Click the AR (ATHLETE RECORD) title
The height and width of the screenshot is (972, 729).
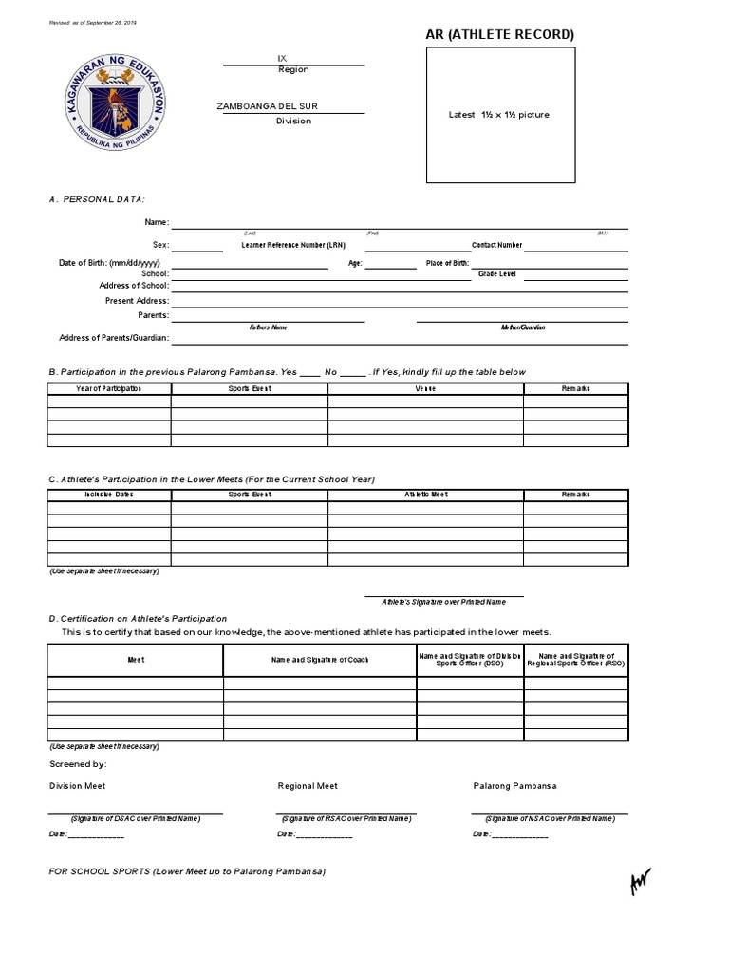point(500,35)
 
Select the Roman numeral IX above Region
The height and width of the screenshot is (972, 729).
point(281,58)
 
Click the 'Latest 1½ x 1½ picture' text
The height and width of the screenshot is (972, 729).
point(498,115)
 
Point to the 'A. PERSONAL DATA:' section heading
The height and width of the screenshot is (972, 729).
point(97,199)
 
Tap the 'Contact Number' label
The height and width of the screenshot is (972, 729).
point(496,245)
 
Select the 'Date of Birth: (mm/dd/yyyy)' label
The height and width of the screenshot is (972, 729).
point(109,263)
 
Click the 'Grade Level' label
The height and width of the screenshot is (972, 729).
point(496,273)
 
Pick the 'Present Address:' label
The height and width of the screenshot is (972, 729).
point(137,301)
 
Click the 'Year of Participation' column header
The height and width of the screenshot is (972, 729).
point(109,389)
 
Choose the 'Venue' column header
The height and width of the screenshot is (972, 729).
point(425,389)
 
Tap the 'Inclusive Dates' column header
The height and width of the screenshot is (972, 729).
point(109,495)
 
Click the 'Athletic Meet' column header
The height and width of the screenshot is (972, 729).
point(425,495)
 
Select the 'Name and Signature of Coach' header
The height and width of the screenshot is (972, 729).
point(320,660)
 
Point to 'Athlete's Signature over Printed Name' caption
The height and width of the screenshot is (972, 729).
point(443,602)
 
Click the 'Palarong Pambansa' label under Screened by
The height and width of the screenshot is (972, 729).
point(515,786)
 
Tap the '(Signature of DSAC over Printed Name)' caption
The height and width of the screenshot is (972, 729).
point(136,818)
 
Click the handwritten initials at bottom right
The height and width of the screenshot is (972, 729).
point(641,882)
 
